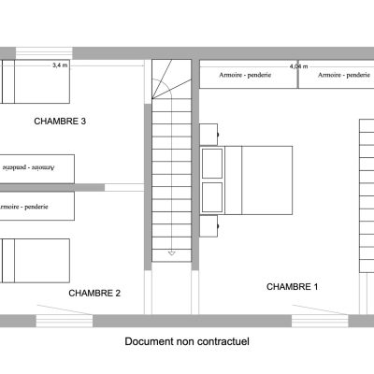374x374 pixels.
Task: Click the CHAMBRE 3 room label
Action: [x=60, y=121]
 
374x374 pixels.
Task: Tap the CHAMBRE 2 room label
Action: [x=94, y=293]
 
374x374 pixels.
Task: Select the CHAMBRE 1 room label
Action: [x=293, y=287]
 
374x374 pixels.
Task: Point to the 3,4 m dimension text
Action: [x=60, y=65]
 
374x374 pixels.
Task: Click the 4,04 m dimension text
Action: [x=298, y=66]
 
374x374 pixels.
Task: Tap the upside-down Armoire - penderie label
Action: [x=28, y=167]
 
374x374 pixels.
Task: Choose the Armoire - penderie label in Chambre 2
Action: [x=23, y=207]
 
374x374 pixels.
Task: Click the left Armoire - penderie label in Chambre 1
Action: [x=245, y=75]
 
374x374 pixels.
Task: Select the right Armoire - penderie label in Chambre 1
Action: [x=344, y=75]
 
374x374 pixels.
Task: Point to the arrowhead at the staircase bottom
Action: [x=172, y=253]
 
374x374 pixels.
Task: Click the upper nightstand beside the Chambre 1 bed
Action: [x=209, y=135]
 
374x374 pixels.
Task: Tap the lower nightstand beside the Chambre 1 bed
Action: [x=209, y=226]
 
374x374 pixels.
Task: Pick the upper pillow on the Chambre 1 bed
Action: [x=212, y=164]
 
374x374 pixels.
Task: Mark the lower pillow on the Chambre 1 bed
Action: [x=212, y=197]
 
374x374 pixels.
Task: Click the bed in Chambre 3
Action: [x=35, y=81]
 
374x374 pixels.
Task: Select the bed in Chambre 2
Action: [x=35, y=261]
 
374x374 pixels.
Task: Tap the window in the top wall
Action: [x=44, y=53]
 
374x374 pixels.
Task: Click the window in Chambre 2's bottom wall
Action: [x=65, y=321]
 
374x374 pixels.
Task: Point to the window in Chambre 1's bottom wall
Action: [x=320, y=321]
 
